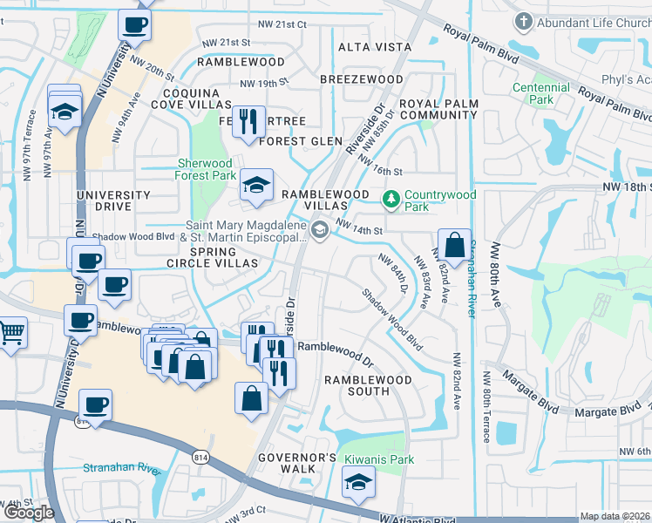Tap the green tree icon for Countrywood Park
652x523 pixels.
[x=391, y=200]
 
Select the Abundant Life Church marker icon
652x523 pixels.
[x=524, y=21]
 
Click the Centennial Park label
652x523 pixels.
[x=541, y=93]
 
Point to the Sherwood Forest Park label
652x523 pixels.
[x=206, y=169]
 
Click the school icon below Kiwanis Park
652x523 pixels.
[x=357, y=482]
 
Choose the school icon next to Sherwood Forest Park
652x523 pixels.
[x=256, y=185]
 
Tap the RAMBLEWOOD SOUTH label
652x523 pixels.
[x=368, y=385]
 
